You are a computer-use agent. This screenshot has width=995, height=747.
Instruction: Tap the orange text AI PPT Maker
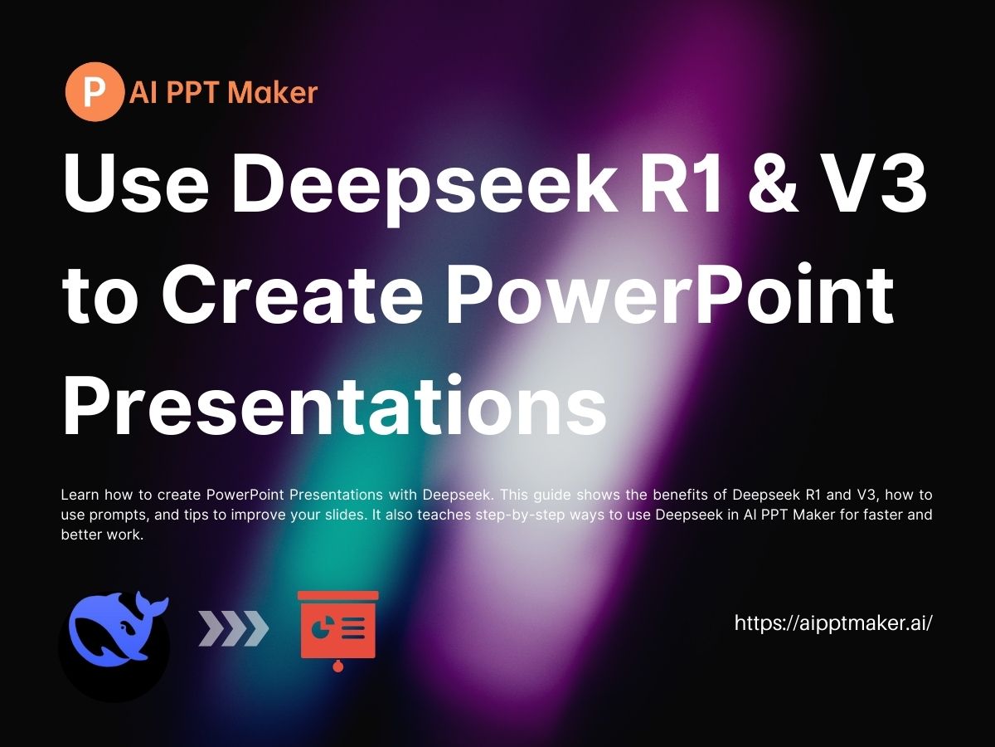[223, 92]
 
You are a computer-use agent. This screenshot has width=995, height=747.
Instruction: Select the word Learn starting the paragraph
[80, 495]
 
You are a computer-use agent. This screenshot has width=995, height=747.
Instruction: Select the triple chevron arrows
[234, 629]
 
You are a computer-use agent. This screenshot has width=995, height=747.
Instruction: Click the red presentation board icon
[337, 627]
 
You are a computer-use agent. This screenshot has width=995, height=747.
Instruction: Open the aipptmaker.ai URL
[834, 622]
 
